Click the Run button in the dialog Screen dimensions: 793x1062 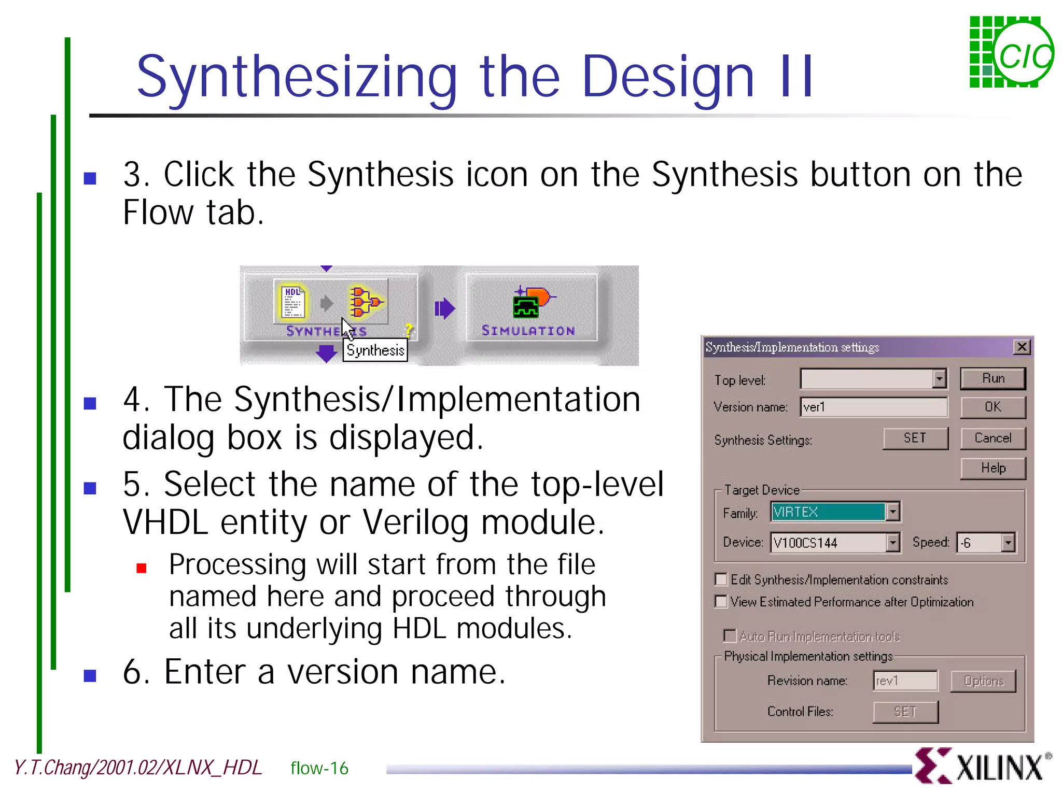click(x=993, y=378)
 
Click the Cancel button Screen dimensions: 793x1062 click(x=993, y=438)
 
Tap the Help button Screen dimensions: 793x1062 click(x=993, y=468)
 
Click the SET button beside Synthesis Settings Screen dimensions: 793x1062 click(x=915, y=438)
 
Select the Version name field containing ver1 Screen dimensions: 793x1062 click(x=874, y=407)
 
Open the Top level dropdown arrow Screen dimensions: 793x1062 click(x=939, y=379)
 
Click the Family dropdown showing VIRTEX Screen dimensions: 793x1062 click(x=835, y=512)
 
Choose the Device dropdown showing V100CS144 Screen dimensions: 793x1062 click(x=835, y=543)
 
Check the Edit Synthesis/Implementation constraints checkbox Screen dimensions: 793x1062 click(x=721, y=579)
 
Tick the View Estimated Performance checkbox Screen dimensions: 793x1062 click(x=721, y=601)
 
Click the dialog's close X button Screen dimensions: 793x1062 click(x=1022, y=347)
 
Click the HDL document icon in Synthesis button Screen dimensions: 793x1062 click(x=292, y=302)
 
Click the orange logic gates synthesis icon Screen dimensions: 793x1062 click(x=365, y=302)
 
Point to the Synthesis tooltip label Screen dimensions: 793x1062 click(x=375, y=350)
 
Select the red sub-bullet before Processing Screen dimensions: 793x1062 click(x=142, y=569)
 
